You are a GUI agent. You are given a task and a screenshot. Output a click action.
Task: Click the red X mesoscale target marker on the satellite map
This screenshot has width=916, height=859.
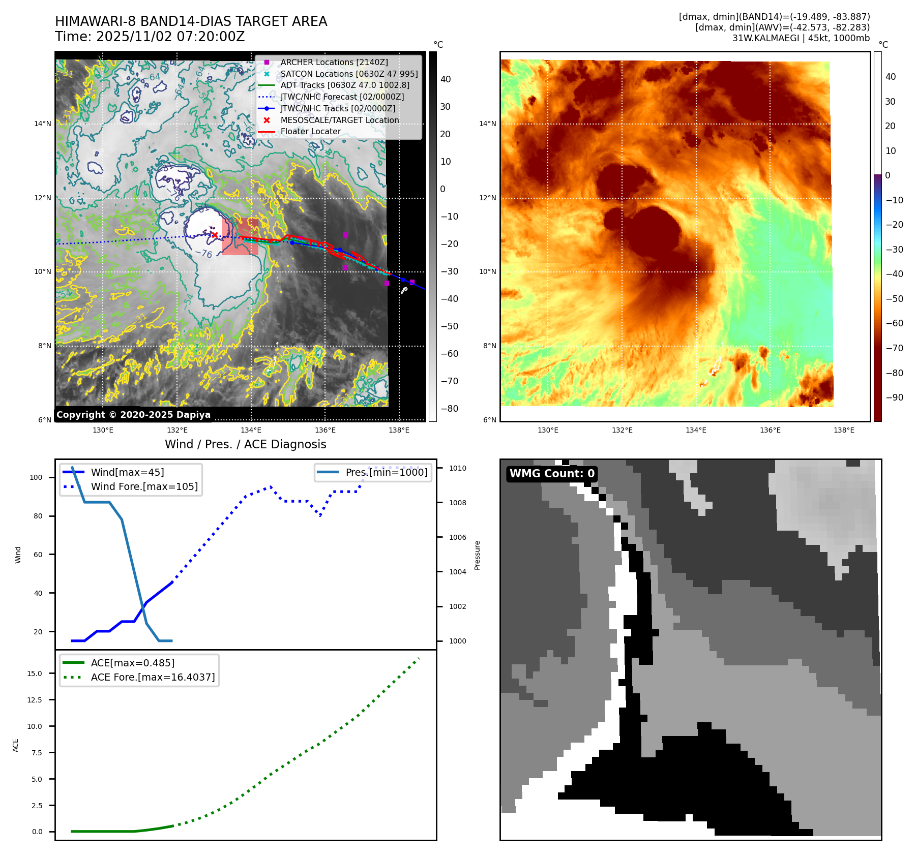[215, 235]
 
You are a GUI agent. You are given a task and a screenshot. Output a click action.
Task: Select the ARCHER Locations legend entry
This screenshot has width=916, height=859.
[334, 63]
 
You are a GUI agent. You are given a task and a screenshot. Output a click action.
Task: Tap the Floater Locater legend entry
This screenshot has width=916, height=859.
[310, 132]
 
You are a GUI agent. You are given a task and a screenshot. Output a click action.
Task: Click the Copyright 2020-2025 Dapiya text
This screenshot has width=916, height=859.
[133, 415]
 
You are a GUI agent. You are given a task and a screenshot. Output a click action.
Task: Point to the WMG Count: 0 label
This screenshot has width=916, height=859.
[552, 474]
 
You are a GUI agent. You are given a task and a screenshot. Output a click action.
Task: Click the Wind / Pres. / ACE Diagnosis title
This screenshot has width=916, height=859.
[245, 445]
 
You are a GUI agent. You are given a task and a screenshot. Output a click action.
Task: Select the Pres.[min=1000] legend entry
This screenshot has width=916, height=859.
[386, 473]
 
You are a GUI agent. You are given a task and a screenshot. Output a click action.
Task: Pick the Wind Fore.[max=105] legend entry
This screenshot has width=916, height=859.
[144, 487]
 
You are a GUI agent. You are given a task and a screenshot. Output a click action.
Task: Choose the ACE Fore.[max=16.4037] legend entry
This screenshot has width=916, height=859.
[153, 678]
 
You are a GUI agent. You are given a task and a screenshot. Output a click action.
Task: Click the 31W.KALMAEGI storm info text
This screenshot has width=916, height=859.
[801, 39]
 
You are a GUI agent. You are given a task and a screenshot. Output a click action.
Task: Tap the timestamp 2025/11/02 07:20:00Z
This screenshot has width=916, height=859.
[170, 37]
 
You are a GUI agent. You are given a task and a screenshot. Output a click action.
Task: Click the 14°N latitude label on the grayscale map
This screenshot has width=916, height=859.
[43, 124]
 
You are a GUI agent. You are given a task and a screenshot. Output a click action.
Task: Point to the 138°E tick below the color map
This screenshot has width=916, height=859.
[844, 431]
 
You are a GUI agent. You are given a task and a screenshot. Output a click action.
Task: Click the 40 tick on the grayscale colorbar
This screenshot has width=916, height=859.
[446, 79]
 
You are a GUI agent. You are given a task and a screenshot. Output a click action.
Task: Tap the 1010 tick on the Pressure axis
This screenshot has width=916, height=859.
[457, 469]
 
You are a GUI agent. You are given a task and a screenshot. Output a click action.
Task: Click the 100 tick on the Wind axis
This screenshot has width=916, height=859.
[36, 478]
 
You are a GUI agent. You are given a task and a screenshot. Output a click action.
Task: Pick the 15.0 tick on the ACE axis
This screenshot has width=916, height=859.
[35, 674]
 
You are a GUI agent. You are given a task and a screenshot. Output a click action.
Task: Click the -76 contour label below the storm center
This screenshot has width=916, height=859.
[204, 253]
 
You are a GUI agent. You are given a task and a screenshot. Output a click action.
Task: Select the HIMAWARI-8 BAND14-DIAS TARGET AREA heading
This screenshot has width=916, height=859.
[191, 22]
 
